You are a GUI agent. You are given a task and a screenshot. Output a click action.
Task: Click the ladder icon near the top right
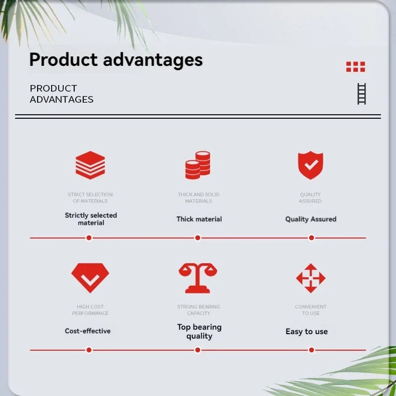(x=362, y=94)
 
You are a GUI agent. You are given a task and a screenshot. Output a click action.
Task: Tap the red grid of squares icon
(x=355, y=67)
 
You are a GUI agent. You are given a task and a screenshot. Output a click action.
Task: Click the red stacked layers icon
(x=90, y=165)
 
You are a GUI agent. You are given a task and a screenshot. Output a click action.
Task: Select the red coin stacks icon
(x=198, y=165)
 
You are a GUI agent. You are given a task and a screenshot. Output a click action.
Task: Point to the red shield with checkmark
(x=310, y=165)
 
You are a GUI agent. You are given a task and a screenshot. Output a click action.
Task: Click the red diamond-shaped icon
(x=90, y=278)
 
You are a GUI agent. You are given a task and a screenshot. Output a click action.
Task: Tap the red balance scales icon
(x=198, y=278)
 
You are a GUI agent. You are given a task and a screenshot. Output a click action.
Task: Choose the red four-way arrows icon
(x=311, y=278)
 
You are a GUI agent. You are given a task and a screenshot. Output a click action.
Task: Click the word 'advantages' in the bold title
(x=153, y=60)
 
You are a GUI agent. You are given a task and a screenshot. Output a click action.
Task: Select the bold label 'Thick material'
(x=199, y=219)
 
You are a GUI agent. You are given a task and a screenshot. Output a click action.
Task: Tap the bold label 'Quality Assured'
(x=311, y=219)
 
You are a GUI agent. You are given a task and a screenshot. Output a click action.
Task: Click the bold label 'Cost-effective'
(x=88, y=331)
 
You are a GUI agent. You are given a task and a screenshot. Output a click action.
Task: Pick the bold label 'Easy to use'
(x=306, y=331)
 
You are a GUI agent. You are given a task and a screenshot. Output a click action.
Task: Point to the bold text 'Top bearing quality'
(x=199, y=331)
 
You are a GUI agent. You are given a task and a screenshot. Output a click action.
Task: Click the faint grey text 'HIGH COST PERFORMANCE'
(x=90, y=310)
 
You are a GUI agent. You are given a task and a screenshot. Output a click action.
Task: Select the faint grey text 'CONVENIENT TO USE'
(x=311, y=310)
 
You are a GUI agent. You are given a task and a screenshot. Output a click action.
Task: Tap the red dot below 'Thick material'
(x=198, y=238)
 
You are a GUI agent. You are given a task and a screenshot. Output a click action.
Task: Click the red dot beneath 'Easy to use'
(x=311, y=350)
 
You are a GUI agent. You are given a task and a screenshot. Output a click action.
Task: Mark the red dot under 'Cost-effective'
(x=89, y=350)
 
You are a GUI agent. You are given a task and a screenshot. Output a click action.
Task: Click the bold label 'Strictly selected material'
(x=91, y=219)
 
